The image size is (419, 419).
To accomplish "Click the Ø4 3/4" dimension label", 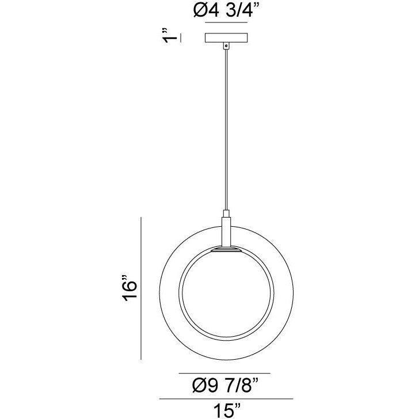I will pyautogui.click(x=226, y=11).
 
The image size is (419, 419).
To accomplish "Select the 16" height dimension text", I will pyautogui.click(x=129, y=288).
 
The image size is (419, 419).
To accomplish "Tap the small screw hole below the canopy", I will pyautogui.click(x=226, y=45).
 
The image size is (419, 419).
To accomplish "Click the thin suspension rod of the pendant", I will pyautogui.click(x=226, y=127).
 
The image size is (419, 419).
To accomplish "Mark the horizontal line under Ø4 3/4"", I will pyautogui.click(x=226, y=24).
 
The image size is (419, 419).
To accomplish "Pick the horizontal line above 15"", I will pyautogui.click(x=226, y=398).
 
